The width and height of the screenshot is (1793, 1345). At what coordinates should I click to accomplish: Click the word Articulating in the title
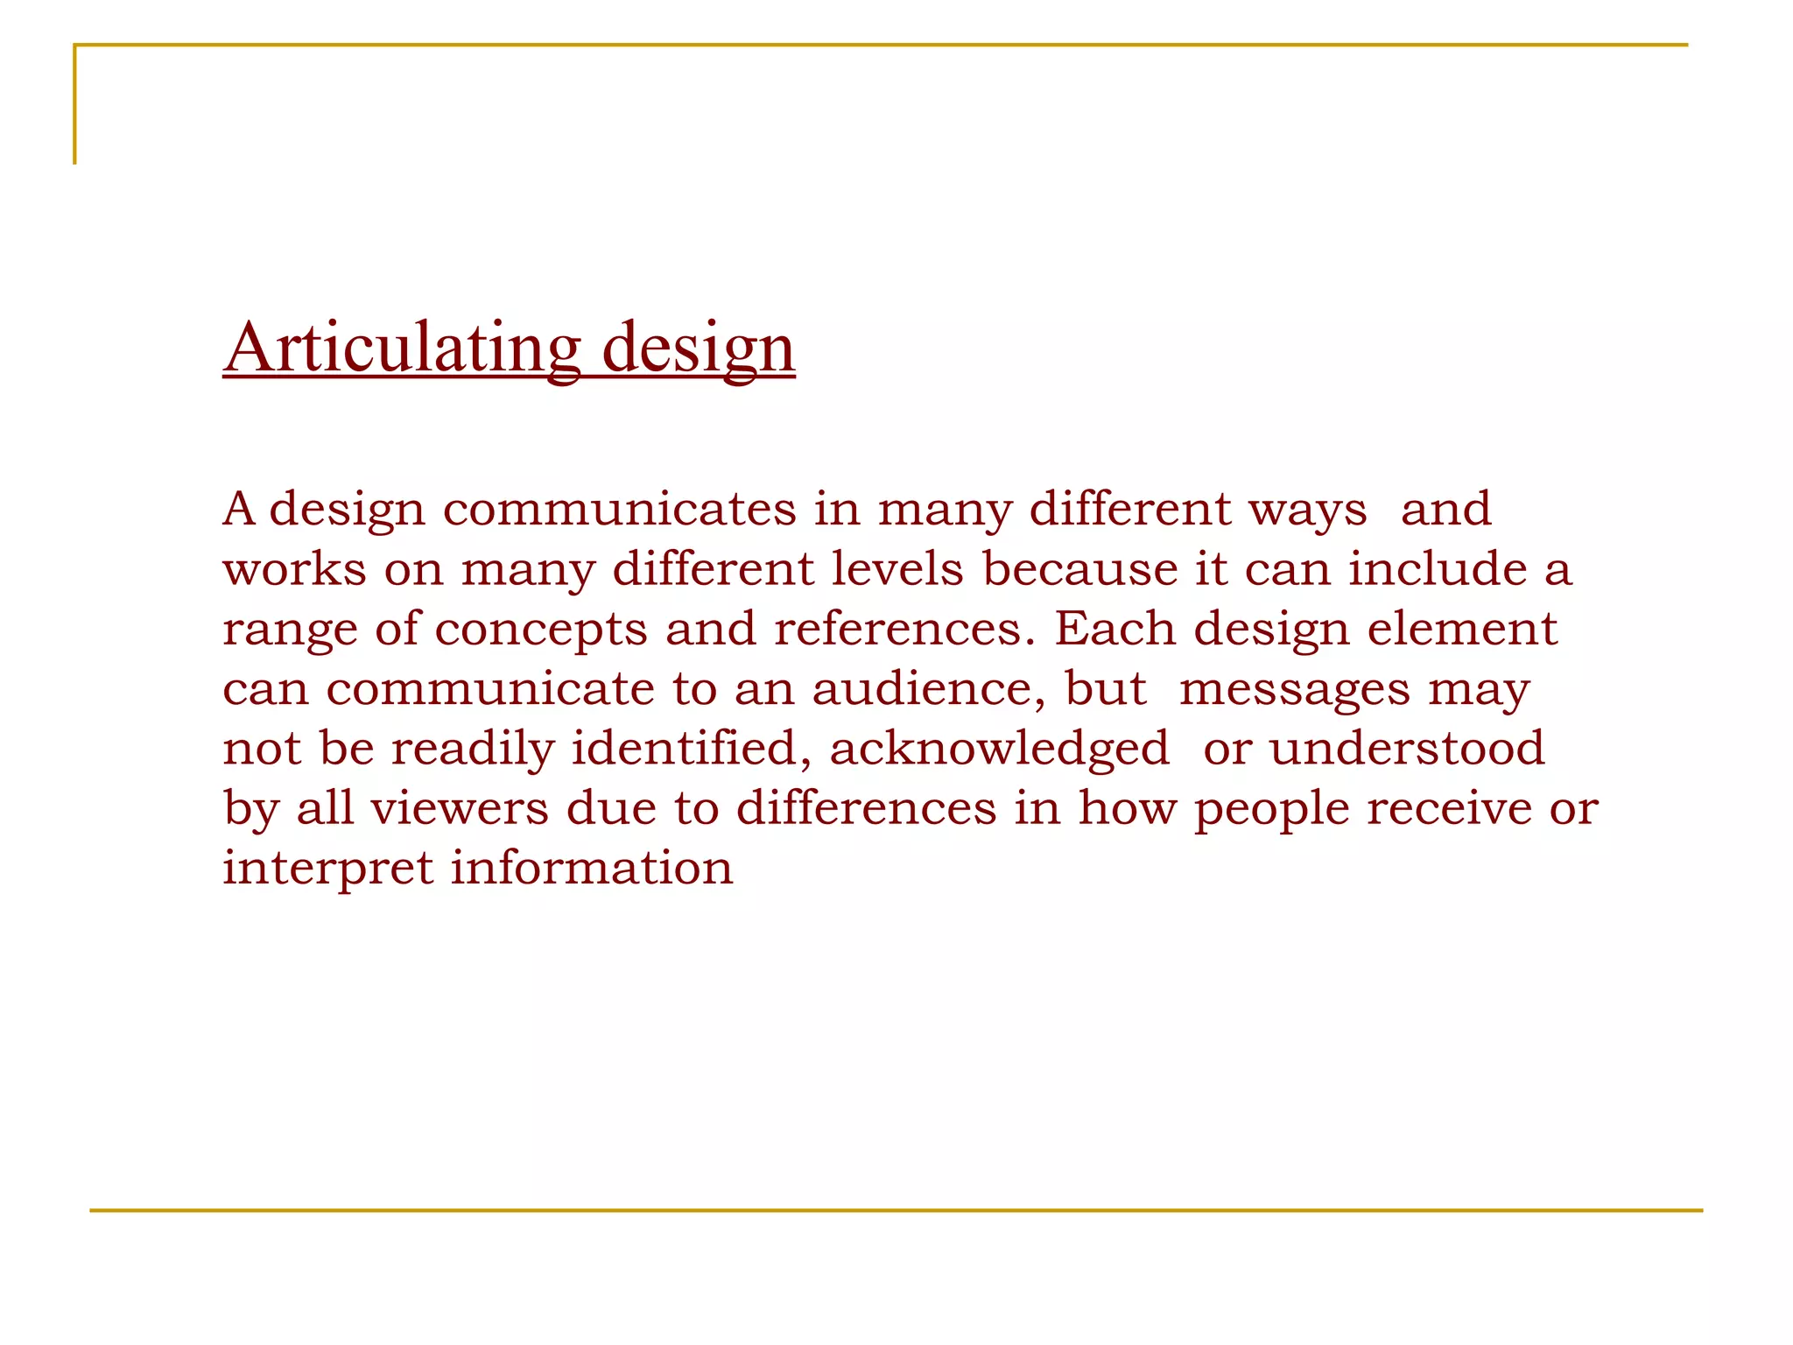coord(402,348)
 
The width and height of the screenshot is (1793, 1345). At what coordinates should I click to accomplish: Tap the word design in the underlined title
coord(698,349)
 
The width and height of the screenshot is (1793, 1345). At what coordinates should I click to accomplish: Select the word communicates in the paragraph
coord(620,509)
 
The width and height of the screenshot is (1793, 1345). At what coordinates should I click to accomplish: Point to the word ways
coord(1307,511)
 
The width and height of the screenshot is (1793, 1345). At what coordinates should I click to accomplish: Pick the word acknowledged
coord(999,750)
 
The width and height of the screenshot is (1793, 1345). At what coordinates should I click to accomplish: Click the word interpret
coord(327,869)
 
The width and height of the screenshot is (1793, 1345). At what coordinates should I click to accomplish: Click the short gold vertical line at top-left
coord(75,104)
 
